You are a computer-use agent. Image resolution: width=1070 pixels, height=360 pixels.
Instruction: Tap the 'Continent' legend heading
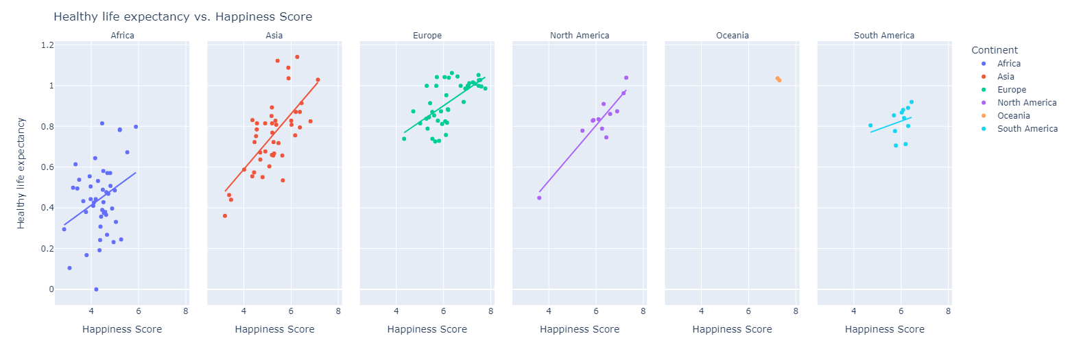(x=994, y=50)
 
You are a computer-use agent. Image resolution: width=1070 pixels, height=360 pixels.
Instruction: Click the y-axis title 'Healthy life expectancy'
(x=21, y=173)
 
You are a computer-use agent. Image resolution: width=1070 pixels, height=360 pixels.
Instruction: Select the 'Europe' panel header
(x=427, y=36)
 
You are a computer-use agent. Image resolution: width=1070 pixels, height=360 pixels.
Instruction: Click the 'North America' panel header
(x=580, y=36)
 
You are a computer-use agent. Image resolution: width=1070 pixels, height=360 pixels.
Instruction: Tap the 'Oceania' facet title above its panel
(x=732, y=36)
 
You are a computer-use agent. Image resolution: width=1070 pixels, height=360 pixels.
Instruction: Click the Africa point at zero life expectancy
(x=96, y=289)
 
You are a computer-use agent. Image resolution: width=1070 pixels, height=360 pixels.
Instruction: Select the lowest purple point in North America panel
(x=539, y=197)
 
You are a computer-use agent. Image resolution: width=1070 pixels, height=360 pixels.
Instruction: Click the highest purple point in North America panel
(x=626, y=77)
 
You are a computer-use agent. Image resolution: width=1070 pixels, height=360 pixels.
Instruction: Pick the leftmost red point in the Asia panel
(x=224, y=216)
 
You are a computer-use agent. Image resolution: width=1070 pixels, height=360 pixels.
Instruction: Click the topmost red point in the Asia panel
(x=297, y=57)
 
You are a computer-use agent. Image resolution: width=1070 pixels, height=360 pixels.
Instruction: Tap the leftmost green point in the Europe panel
(x=404, y=139)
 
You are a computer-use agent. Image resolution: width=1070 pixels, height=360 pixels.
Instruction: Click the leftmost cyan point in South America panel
(x=870, y=125)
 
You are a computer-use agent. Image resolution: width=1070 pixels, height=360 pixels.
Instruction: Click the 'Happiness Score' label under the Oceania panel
(x=732, y=329)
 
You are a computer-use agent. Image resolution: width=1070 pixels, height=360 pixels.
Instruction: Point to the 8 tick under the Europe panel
(x=491, y=311)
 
